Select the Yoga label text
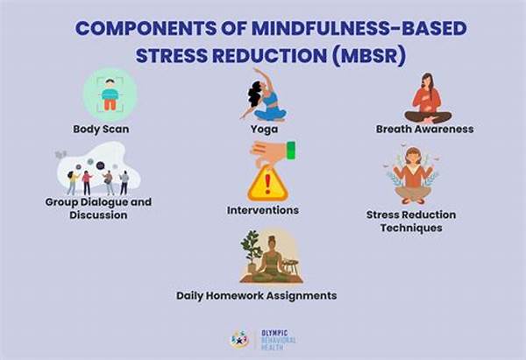[264, 129]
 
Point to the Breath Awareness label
[424, 129]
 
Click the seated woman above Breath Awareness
[428, 97]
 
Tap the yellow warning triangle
[267, 184]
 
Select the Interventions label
[263, 210]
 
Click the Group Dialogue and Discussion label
[98, 208]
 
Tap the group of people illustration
[98, 174]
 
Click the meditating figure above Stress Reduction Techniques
[412, 175]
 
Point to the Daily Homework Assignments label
[257, 296]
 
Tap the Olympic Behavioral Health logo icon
[238, 339]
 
